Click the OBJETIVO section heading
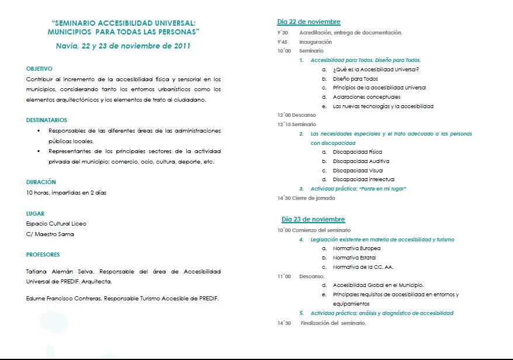[x=39, y=68]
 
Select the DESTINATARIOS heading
[x=47, y=120]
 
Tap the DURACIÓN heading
[x=41, y=182]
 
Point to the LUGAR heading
[x=35, y=213]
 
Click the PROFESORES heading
[x=43, y=254]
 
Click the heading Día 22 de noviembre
[x=309, y=22]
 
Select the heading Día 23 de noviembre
[x=313, y=219]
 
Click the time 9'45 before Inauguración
[x=283, y=42]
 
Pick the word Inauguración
[x=316, y=42]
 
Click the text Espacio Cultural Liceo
[x=56, y=224]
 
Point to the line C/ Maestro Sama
[x=50, y=234]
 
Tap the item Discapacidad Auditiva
[x=361, y=161]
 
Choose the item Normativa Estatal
[x=354, y=258]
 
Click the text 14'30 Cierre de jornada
[x=306, y=198]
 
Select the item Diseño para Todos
[x=355, y=79]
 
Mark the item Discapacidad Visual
[x=358, y=171]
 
